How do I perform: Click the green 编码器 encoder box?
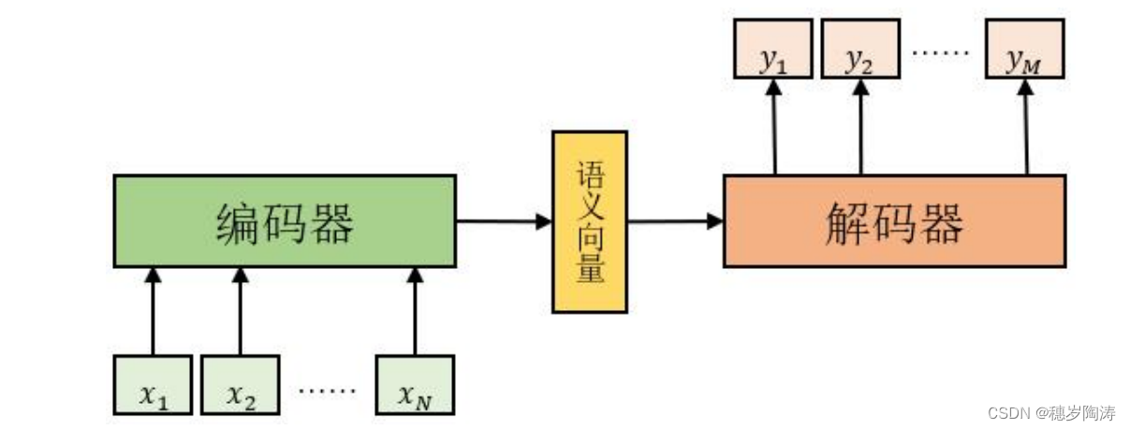(x=285, y=222)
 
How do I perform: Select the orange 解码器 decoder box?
(x=894, y=222)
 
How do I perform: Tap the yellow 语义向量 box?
(x=589, y=222)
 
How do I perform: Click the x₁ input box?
(x=153, y=384)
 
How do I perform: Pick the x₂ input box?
(x=240, y=384)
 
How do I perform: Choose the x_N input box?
(x=415, y=384)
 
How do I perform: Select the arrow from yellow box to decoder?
(x=675, y=222)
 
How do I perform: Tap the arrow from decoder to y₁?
(x=774, y=126)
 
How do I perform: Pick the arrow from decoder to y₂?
(x=860, y=126)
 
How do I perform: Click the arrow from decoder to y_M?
(x=1026, y=126)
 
